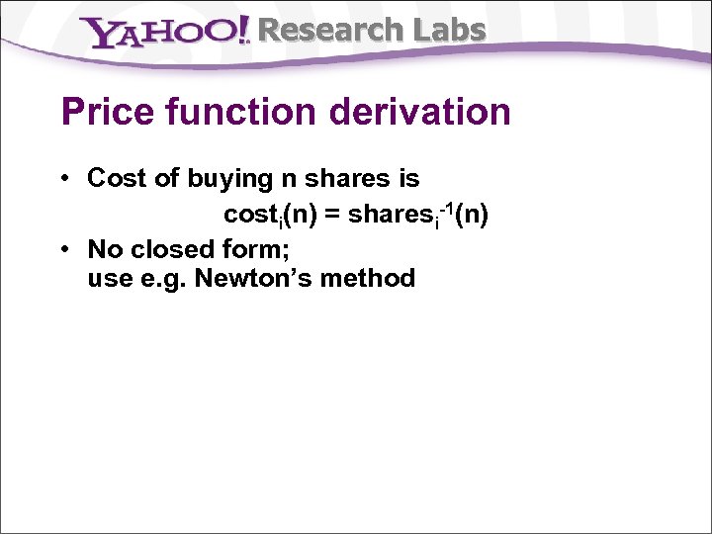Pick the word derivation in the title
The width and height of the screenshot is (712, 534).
point(429,112)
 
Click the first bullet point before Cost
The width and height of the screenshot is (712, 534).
point(63,179)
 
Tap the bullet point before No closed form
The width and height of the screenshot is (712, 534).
point(63,248)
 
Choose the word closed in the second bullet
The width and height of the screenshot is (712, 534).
point(177,248)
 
